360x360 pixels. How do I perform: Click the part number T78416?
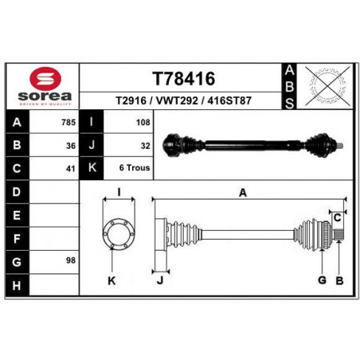184,79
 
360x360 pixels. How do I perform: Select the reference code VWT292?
177,100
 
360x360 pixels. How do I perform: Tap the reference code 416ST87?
229,100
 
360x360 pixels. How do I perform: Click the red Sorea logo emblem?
45,78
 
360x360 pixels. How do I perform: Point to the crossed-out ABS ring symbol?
327,86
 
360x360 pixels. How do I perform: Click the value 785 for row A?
68,123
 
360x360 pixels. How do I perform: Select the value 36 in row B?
71,146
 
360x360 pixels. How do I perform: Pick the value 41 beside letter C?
71,169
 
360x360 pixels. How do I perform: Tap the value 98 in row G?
71,260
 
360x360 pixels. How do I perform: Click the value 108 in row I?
143,123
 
